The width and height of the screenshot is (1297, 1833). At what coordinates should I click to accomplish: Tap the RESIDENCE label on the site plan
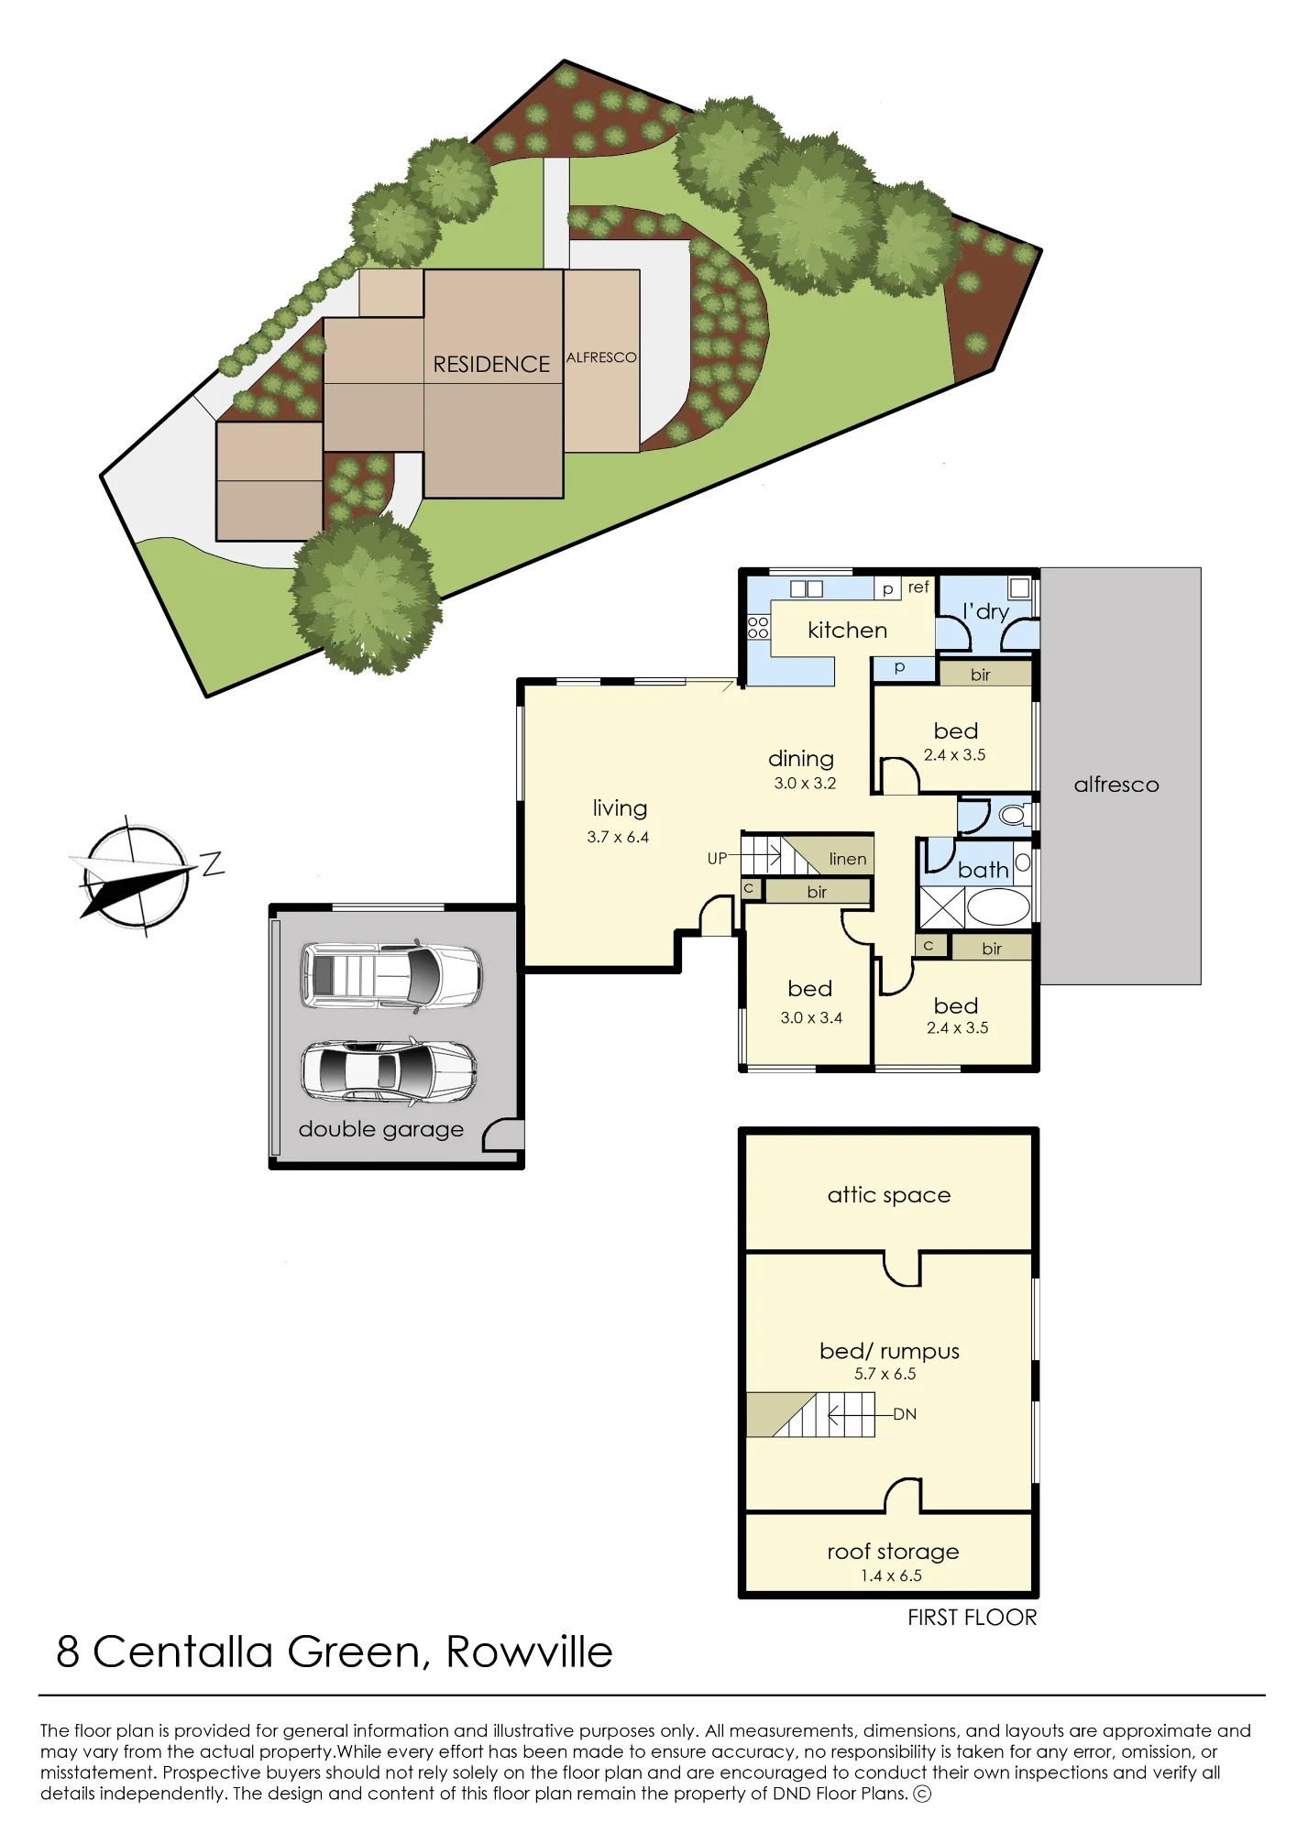pos(491,365)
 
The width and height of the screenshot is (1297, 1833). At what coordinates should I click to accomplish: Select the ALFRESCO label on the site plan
pos(601,357)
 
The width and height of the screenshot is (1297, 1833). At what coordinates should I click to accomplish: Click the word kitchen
pos(847,630)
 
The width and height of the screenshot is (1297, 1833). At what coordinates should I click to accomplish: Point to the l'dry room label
pos(985,612)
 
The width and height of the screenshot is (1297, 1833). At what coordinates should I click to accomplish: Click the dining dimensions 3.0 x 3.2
pos(805,783)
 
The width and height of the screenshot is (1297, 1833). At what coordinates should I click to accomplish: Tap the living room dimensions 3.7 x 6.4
pos(618,837)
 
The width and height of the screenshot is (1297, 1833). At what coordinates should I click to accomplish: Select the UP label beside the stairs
pos(717,859)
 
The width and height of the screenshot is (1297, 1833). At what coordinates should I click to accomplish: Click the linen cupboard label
pos(847,859)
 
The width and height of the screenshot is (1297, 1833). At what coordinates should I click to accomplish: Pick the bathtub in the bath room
pos(998,907)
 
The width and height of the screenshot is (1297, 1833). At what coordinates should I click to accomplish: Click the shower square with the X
pos(942,907)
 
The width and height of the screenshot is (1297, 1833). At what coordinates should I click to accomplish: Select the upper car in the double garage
pos(391,976)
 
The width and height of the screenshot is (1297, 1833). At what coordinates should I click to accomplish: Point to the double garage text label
pos(380,1130)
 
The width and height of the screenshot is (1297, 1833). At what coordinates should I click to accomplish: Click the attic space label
pos(888,1195)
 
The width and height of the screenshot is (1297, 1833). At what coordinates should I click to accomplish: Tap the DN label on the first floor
pos(905,1414)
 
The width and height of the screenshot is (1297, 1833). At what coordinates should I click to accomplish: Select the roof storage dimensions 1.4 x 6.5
pos(891,1575)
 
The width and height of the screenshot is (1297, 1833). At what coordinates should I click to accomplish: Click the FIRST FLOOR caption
pos(972,1618)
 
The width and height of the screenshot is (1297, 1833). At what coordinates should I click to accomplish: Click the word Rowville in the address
pos(529,1652)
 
